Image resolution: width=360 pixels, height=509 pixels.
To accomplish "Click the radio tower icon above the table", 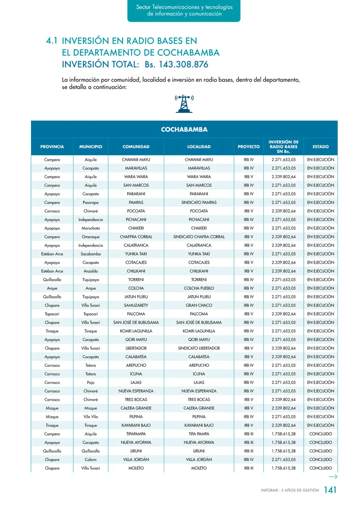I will click(x=184, y=104).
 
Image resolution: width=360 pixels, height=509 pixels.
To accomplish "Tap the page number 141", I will click(x=330, y=491).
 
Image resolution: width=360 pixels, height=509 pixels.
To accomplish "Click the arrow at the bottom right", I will click(x=333, y=477).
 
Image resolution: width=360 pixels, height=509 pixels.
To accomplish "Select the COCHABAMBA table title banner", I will click(x=184, y=130).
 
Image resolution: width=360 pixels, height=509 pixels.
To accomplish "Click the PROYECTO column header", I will click(x=248, y=147).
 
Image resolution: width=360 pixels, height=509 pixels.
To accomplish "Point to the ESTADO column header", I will click(x=320, y=147).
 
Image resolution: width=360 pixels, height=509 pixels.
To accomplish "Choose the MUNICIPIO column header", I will click(x=90, y=147).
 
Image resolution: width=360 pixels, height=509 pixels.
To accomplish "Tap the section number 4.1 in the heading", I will click(x=51, y=41).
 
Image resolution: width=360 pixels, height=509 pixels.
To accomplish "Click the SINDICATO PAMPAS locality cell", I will click(x=199, y=203).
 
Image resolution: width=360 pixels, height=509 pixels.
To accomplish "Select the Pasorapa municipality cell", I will click(x=90, y=203).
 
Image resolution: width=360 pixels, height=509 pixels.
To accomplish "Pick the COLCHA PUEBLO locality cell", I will click(x=199, y=288).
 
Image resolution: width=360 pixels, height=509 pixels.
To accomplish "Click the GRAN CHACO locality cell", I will click(x=199, y=305).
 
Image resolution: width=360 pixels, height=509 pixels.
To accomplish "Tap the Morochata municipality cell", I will click(x=90, y=228).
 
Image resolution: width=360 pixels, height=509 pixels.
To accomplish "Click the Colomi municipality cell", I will click(x=90, y=459).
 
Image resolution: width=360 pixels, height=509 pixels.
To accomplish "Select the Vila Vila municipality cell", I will click(x=90, y=417).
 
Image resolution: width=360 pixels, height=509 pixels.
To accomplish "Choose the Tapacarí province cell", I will click(x=52, y=314).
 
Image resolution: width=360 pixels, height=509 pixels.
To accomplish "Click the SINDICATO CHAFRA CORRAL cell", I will click(x=199, y=237).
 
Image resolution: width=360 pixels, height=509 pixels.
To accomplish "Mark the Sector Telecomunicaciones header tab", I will click(x=184, y=11).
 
